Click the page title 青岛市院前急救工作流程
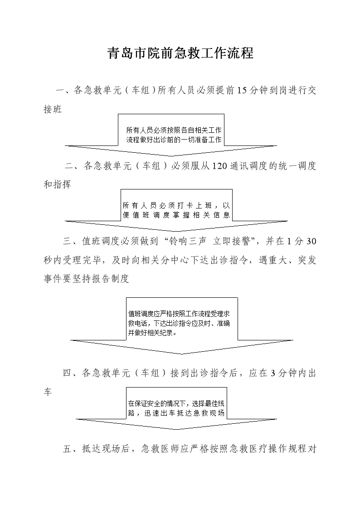point(180,53)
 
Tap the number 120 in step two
point(219,166)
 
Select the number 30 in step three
point(311,241)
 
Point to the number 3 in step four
point(273,373)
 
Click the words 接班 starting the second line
point(53,109)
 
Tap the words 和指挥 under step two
point(58,185)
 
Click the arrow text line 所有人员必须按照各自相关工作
point(174,130)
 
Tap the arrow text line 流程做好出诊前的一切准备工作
point(174,140)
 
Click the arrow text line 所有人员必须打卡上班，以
point(176,205)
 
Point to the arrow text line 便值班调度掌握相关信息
point(176,215)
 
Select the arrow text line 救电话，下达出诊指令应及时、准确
point(179,323)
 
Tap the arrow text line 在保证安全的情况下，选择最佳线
point(176,403)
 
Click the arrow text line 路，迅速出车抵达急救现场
point(176,413)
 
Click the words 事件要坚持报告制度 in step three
point(86,279)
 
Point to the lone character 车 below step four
point(48,392)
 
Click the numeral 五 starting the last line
point(67,449)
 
